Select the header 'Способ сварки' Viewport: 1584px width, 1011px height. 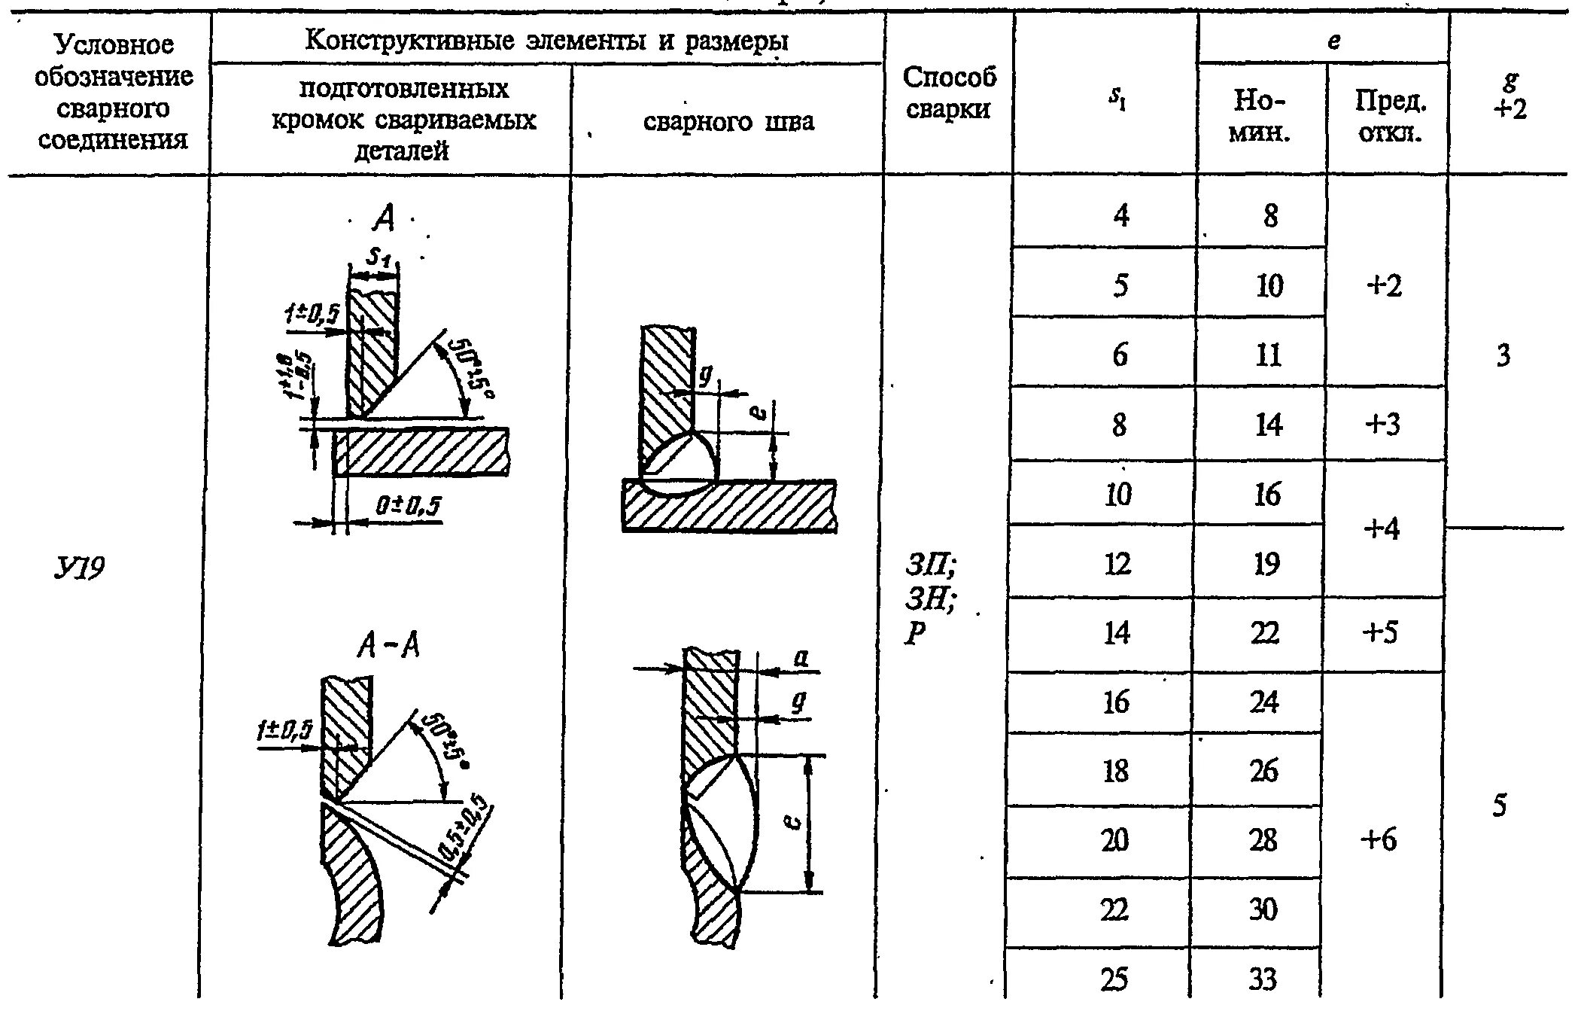click(x=949, y=93)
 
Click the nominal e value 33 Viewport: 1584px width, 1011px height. click(x=1262, y=979)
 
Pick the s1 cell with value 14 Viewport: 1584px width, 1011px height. click(x=1116, y=632)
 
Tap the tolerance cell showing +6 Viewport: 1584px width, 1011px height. click(x=1379, y=839)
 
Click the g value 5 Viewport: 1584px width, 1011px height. click(x=1499, y=805)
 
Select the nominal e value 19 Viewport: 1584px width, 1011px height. click(x=1266, y=563)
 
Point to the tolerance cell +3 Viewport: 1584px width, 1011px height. click(x=1383, y=425)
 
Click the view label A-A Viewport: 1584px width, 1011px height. click(x=388, y=645)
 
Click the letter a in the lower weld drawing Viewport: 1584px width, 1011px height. click(x=801, y=660)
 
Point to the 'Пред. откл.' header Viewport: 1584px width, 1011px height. click(x=1390, y=117)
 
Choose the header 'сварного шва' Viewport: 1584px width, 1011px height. click(x=728, y=121)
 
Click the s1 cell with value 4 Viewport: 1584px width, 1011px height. click(x=1120, y=216)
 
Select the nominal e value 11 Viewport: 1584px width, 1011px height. click(x=1268, y=355)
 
